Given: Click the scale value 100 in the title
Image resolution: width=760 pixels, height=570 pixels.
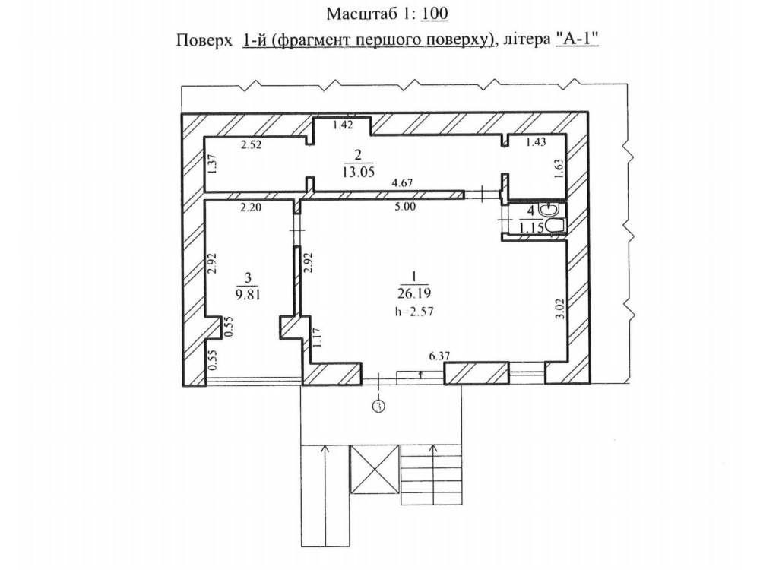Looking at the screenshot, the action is tap(435, 14).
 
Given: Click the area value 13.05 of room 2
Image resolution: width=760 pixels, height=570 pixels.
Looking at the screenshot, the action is tap(358, 172).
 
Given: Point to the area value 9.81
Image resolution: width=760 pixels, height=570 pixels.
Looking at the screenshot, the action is tap(249, 295).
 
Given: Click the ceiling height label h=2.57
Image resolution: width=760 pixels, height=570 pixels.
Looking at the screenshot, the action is tap(414, 311).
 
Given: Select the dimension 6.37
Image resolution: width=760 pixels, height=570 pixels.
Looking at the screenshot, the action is tap(439, 356).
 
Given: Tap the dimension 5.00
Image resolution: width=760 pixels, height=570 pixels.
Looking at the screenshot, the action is tap(405, 207).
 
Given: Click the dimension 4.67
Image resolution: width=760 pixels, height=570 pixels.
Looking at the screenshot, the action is tap(402, 183).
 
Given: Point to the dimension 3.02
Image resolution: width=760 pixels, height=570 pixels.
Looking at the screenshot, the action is tap(559, 309).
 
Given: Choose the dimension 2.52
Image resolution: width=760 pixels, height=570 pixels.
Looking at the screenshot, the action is tap(252, 144).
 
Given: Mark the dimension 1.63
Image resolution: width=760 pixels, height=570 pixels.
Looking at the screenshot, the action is tap(559, 169).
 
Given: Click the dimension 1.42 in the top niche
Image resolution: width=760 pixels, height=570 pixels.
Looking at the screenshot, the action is tap(343, 125).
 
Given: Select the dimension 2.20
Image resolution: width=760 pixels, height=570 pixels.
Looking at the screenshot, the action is tap(252, 207).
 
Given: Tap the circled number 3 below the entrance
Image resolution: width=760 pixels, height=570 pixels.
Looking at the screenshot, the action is tap(379, 406).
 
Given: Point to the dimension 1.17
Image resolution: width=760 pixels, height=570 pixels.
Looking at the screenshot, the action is tap(316, 338).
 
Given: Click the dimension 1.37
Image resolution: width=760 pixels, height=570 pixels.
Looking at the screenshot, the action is tap(211, 165).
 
